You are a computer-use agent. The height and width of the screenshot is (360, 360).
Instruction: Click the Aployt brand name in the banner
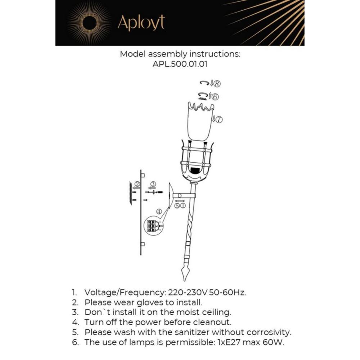pyautogui.click(x=141, y=23)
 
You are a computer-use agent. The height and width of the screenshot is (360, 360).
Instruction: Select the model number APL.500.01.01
pyautogui.click(x=180, y=64)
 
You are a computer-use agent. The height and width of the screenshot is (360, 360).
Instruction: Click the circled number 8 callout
pyautogui.click(x=217, y=84)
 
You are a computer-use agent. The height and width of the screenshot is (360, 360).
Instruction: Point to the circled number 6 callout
pyautogui.click(x=215, y=97)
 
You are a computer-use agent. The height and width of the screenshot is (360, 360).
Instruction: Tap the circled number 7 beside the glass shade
pyautogui.click(x=219, y=120)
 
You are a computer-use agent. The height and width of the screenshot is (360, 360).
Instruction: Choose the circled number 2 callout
pyautogui.click(x=137, y=184)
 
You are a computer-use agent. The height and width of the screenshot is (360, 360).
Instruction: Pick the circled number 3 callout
pyautogui.click(x=153, y=184)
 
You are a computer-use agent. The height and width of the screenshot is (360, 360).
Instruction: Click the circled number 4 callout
pyautogui.click(x=159, y=211)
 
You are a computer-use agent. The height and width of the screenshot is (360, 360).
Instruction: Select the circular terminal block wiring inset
pyautogui.click(x=153, y=226)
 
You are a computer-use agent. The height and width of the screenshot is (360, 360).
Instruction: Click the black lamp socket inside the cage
pyautogui.click(x=195, y=171)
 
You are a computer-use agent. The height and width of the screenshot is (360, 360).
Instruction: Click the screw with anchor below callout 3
pyautogui.click(x=154, y=192)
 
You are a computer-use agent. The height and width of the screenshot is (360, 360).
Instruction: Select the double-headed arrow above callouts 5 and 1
pyautogui.click(x=180, y=201)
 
